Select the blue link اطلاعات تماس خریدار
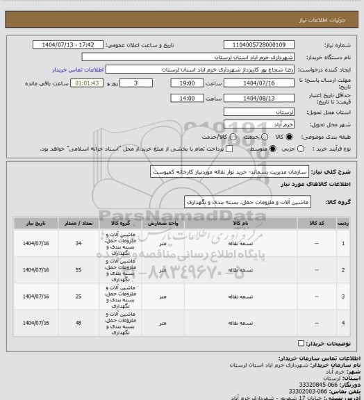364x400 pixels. coord(77,70)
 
